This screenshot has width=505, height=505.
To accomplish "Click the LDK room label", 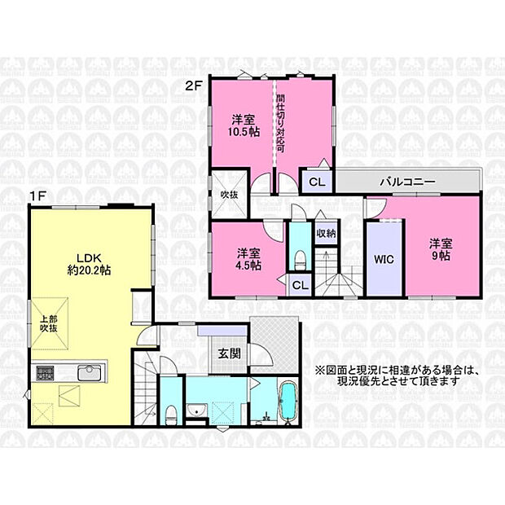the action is pos(90,264).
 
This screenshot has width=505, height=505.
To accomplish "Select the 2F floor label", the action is pos(194,86).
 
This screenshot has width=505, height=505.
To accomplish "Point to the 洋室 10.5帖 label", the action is pos(244,126).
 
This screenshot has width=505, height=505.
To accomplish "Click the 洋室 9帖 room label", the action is pos(441,249).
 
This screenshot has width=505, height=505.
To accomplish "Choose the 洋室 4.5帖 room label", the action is pos(249,259).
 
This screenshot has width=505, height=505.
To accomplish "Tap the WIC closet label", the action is pos(384,259).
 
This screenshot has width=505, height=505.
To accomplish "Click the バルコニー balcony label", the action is pos(408,182).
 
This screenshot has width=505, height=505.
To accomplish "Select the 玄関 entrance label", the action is pos(230,354).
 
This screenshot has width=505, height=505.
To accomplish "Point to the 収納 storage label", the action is pos(327,233).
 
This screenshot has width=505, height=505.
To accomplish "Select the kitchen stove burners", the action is pos(45,373).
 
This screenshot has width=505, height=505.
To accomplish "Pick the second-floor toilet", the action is pos(301,260).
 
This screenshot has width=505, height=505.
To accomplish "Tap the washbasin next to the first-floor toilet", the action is pos(195,410).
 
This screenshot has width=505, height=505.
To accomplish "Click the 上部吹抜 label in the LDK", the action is pos(49,323).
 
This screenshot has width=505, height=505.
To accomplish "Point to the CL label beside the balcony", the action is pos(317,182).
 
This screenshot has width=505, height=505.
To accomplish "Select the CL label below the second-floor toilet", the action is pos(301,285).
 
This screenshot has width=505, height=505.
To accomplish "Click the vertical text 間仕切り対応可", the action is pos(280,124).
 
